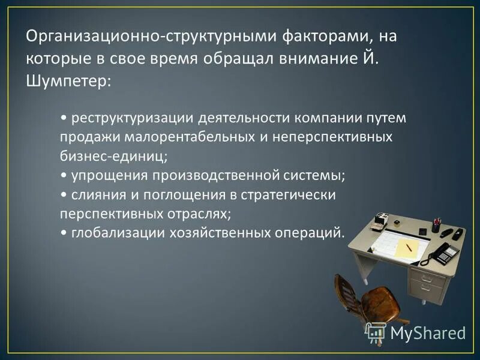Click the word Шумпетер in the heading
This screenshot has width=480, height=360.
click(x=66, y=81)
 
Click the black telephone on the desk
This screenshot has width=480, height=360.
click(x=441, y=253)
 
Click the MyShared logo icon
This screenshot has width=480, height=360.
click(x=376, y=332)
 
